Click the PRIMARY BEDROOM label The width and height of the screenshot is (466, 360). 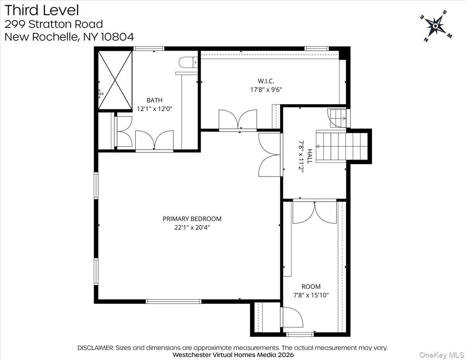[192, 219]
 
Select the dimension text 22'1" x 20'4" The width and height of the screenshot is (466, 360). [192, 228]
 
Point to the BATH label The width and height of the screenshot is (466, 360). [154, 100]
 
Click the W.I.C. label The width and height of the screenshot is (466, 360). [266, 81]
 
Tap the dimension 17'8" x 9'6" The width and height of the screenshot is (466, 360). [266, 89]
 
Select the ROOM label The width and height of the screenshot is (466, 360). [311, 287]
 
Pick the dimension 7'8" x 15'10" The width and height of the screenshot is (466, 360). [311, 295]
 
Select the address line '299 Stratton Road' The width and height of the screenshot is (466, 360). [54, 24]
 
